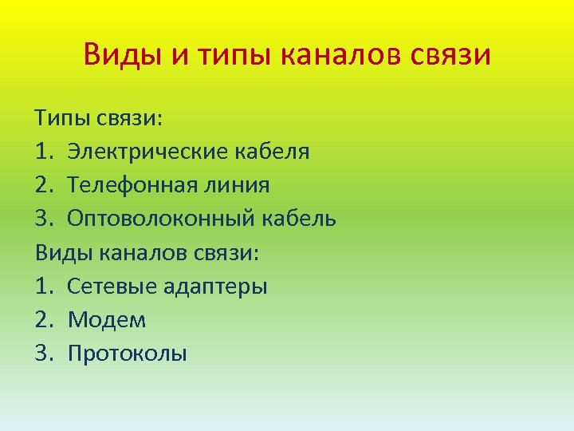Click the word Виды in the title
[116, 55]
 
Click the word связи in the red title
[450, 55]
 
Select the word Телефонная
[133, 185]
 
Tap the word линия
[238, 185]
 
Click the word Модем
[107, 320]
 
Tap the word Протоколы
[128, 354]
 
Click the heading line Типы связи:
[98, 118]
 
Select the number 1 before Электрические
[42, 152]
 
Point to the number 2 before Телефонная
[43, 185]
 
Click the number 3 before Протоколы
[43, 354]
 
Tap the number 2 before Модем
[43, 320]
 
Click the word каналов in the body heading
[145, 252]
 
